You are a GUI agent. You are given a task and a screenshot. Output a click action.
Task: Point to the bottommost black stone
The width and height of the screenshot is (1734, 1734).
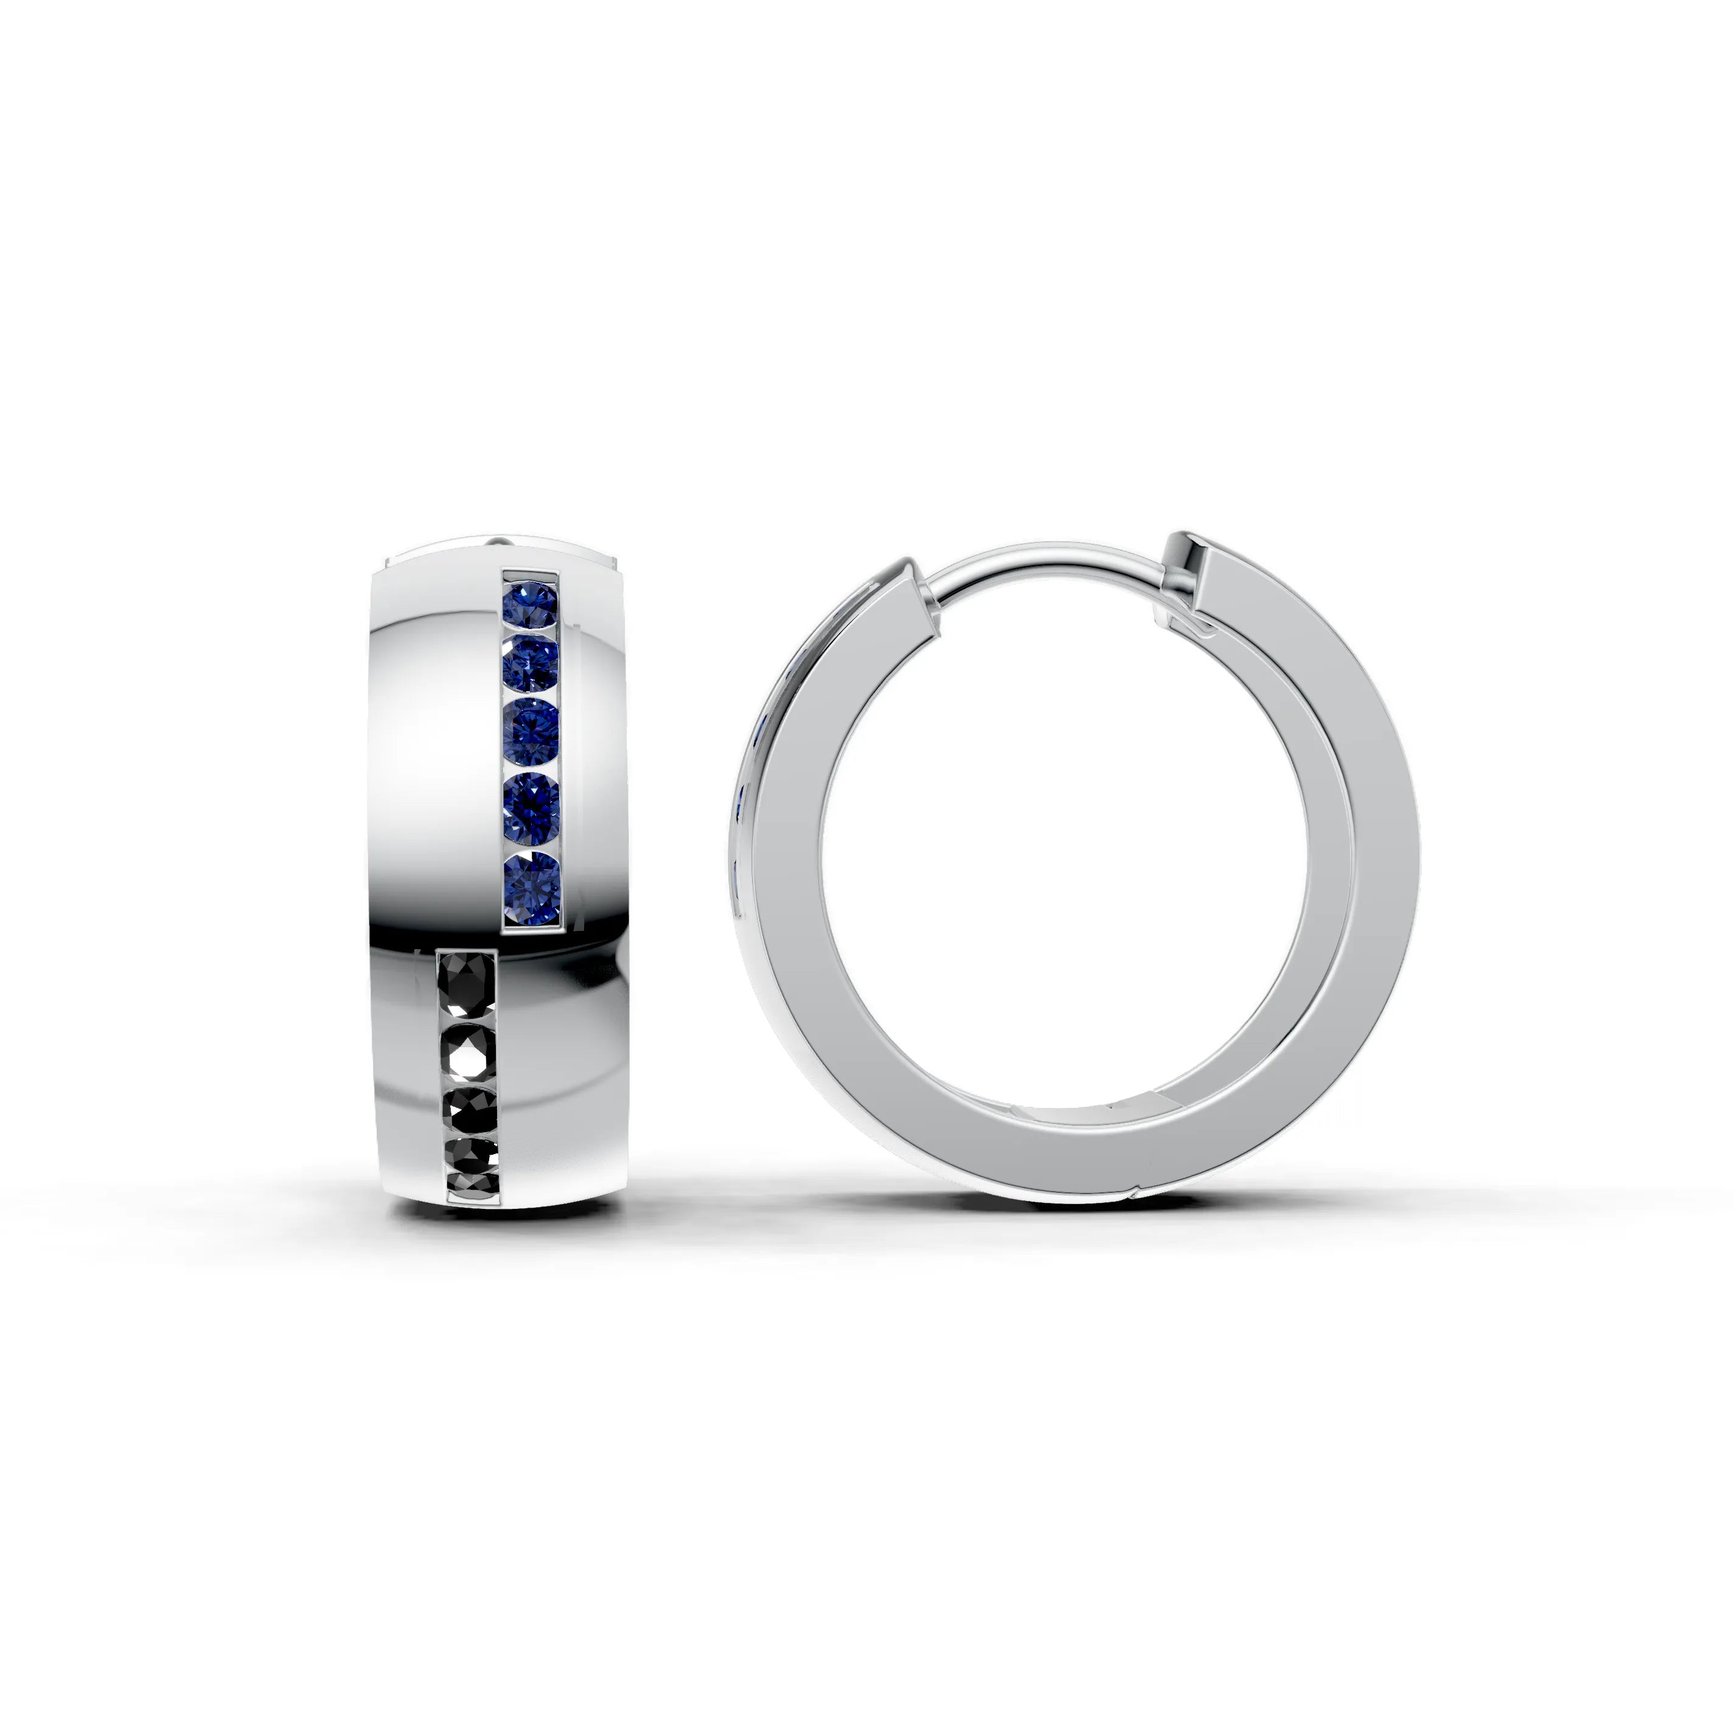[473, 1183]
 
